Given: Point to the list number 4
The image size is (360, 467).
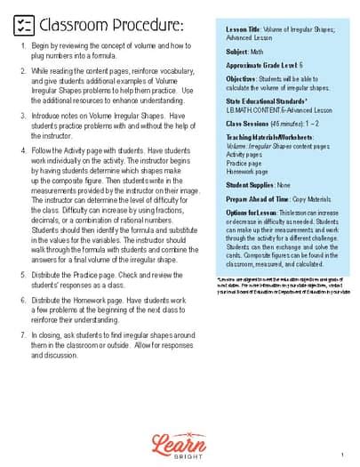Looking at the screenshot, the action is (22, 151).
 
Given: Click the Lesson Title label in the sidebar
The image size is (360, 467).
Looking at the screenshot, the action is (243, 29).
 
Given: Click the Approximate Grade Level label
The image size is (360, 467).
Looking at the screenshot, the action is (260, 66).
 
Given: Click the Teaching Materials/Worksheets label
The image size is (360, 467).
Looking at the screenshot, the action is (267, 137).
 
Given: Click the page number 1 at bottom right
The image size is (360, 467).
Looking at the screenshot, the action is (340, 454).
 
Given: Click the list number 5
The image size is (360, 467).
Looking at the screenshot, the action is (22, 274).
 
